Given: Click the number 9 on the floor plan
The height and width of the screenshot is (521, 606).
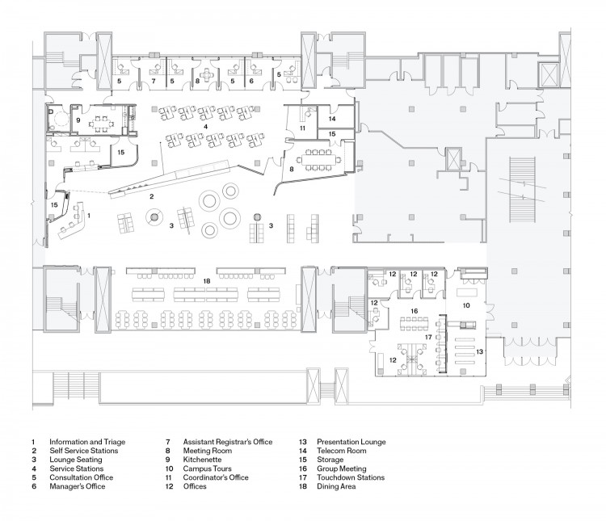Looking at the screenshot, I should pyautogui.click(x=78, y=120).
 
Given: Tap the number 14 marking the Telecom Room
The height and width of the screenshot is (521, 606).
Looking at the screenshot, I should pyautogui.click(x=331, y=119).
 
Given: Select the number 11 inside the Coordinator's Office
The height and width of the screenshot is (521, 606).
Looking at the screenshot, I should pyautogui.click(x=302, y=128).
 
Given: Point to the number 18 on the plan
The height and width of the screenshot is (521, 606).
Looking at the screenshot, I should pyautogui.click(x=207, y=280).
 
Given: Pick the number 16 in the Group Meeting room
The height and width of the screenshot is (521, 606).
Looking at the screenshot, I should pyautogui.click(x=413, y=310).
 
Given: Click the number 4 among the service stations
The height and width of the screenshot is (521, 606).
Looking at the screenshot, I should pyautogui.click(x=206, y=127).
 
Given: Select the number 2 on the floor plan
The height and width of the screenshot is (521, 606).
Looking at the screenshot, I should pyautogui.click(x=149, y=195).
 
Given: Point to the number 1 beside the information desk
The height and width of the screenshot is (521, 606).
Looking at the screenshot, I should pyautogui.click(x=88, y=216).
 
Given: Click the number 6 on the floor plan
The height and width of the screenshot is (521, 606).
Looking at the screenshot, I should pyautogui.click(x=251, y=82).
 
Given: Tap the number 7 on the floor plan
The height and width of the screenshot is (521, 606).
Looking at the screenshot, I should pyautogui.click(x=152, y=82).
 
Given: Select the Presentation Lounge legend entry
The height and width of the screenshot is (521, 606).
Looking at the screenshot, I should pyautogui.click(x=351, y=442).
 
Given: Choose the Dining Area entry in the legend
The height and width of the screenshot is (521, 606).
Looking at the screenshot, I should pyautogui.click(x=335, y=486).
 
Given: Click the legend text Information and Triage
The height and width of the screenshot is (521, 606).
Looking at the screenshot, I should pyautogui.click(x=87, y=442).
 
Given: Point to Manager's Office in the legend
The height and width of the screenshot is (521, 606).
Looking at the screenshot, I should pyautogui.click(x=78, y=486).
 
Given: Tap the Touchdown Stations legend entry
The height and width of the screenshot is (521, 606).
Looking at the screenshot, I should pyautogui.click(x=351, y=477).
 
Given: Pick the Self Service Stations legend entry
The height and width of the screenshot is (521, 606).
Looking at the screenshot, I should pyautogui.click(x=83, y=451).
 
